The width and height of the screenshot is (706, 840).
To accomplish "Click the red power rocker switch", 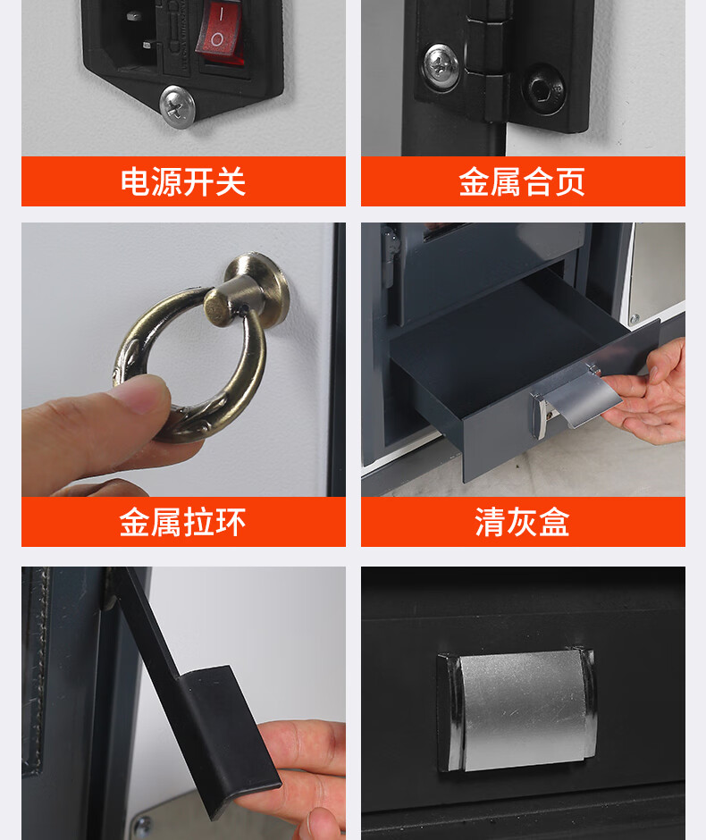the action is point(221,31).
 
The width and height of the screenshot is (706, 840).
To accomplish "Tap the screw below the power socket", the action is point(177,106).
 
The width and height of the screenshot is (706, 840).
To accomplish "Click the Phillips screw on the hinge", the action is point(441,66).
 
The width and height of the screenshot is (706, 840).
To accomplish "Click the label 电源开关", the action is point(183,181).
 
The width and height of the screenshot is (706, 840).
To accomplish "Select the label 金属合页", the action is point(522,181).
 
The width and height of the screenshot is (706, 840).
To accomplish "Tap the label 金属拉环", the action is point(182,522).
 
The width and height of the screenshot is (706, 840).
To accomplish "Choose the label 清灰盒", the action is point(522,522).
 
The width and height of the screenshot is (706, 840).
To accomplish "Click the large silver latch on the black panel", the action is point(517,710).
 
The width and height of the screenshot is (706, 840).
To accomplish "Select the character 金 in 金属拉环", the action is point(135,523).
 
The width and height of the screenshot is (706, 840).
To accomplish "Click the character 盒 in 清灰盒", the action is point(554,523).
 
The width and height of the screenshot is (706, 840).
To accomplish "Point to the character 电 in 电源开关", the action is point(136,182).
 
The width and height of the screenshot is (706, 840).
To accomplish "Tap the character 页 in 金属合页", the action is point(570,182).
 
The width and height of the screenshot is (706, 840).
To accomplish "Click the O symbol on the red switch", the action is point(217,39).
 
